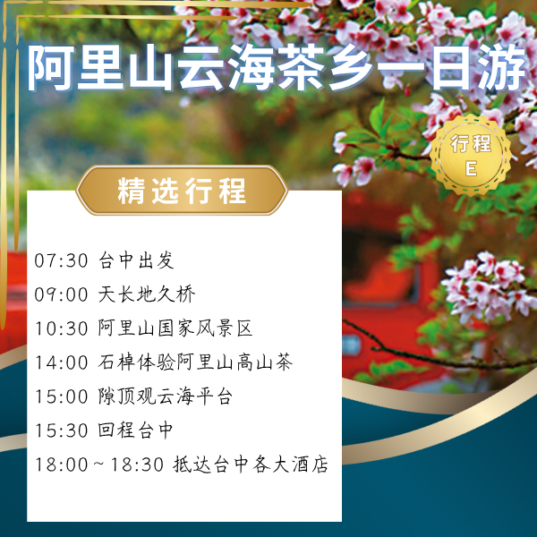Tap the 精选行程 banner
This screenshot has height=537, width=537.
click(182, 191)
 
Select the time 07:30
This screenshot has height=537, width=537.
click(61, 261)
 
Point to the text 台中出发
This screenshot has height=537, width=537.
click(135, 261)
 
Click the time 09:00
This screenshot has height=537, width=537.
click(61, 294)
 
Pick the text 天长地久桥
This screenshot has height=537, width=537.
click(146, 294)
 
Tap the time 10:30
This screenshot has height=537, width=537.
click(61, 328)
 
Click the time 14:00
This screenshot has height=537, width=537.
click(61, 362)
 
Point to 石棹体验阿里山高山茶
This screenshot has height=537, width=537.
click(195, 362)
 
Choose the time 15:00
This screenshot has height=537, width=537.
click(61, 396)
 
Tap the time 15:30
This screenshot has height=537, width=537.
click(61, 430)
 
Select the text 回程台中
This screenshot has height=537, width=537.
click(135, 430)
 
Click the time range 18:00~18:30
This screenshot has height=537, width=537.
click(98, 465)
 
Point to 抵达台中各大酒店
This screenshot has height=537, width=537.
click(251, 465)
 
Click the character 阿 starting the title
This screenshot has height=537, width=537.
click(49, 70)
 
